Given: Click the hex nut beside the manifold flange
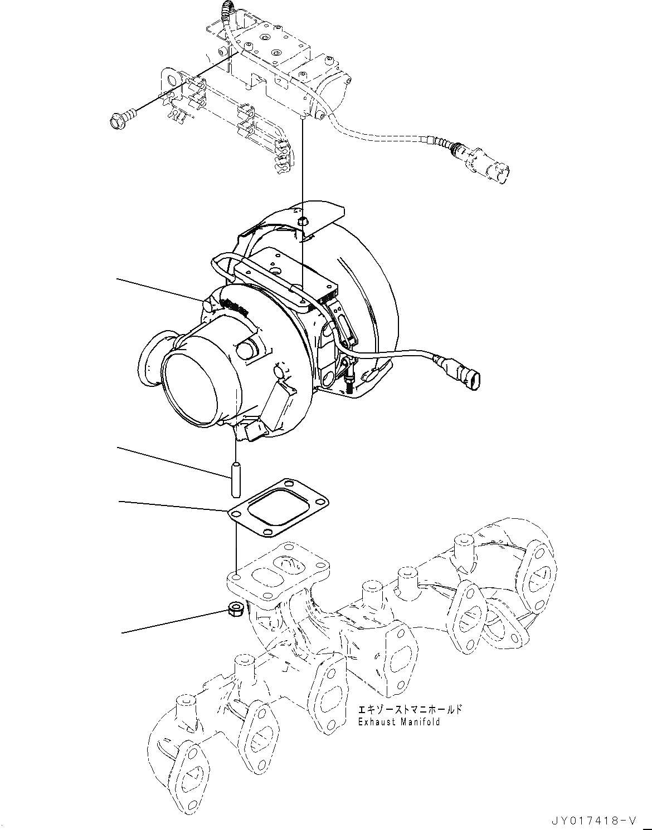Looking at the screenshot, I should (x=235, y=608).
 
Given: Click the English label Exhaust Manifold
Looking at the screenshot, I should (x=400, y=721).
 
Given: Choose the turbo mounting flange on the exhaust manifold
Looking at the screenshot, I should (x=278, y=582).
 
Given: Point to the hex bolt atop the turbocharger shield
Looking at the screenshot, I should (x=301, y=221).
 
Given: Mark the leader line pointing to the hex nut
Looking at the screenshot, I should (x=173, y=622).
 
